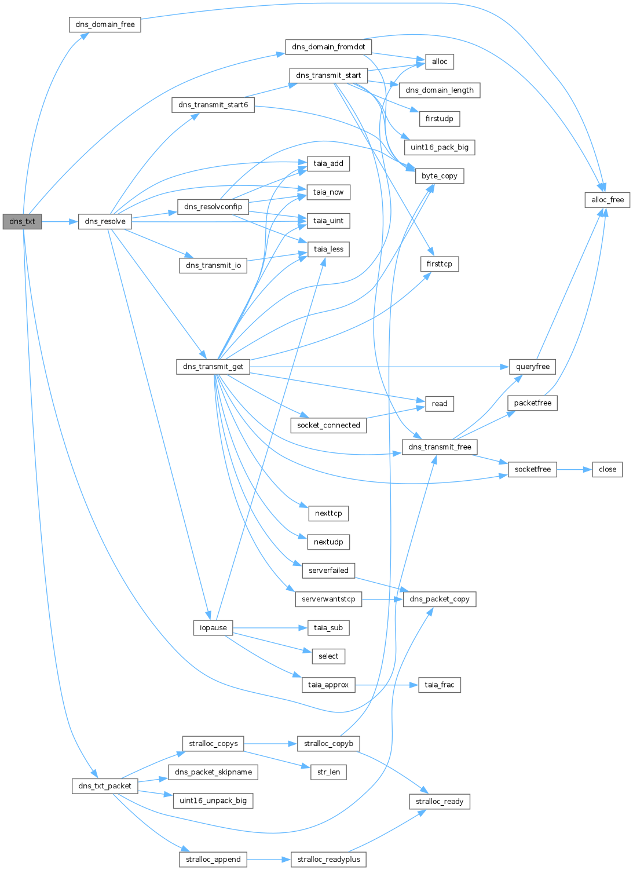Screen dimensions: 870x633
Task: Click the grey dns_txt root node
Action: tap(22, 221)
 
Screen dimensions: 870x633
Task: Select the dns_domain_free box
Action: tap(105, 25)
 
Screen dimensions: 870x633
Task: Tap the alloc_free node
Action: tap(607, 200)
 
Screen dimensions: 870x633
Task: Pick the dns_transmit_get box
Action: tap(213, 367)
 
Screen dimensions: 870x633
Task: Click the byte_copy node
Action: tap(439, 176)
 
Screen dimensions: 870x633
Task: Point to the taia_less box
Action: tap(328, 250)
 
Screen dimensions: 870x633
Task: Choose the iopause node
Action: tap(213, 628)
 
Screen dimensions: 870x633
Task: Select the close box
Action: tap(607, 469)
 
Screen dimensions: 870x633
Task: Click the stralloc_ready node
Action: tap(439, 802)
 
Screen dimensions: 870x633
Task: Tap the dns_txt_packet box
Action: tap(105, 786)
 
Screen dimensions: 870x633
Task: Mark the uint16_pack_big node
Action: tap(439, 148)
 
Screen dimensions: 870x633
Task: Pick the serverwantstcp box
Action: tap(328, 599)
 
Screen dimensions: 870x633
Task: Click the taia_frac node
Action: tap(439, 685)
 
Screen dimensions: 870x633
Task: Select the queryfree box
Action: tap(532, 367)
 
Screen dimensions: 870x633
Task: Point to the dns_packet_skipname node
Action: tap(213, 772)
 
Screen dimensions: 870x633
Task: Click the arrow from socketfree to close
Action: tap(574, 469)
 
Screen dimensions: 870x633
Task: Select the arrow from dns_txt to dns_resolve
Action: tap(60, 221)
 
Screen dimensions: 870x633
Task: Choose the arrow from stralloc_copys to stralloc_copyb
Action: tap(270, 744)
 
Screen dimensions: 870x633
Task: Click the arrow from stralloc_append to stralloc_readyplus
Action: tap(269, 860)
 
